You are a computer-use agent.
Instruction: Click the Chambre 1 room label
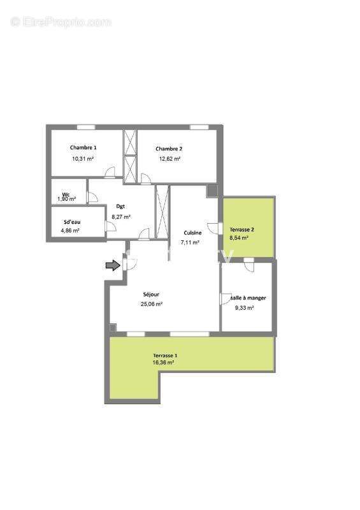tap(83, 147)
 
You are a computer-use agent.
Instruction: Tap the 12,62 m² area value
tap(169, 159)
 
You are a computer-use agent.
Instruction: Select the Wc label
tap(66, 194)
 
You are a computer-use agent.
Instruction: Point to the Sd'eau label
tap(71, 222)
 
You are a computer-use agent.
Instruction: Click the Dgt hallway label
tap(120, 206)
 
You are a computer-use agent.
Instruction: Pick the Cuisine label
tap(192, 233)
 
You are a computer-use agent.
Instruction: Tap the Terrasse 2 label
tap(242, 229)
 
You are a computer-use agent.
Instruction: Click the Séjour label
tap(151, 295)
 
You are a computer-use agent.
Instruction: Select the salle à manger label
tap(248, 298)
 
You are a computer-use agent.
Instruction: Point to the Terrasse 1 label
tap(165, 355)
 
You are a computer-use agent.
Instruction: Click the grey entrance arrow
tap(112, 265)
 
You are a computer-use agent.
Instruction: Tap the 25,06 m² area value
tap(152, 305)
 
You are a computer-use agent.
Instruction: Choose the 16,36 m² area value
tap(164, 363)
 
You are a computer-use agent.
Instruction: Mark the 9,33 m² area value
tap(245, 307)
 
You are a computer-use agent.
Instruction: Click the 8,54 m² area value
tap(239, 237)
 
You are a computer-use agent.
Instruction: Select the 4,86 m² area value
tap(71, 230)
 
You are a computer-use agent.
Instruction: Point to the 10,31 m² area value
tap(83, 158)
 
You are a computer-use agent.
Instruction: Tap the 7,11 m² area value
tap(191, 243)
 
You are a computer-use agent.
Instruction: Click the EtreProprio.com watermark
tap(61, 22)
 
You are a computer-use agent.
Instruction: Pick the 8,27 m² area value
tap(121, 217)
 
